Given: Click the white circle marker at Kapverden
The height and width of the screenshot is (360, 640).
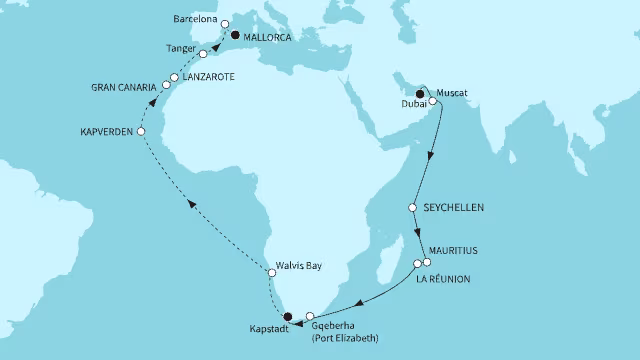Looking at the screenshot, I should click(x=141, y=132).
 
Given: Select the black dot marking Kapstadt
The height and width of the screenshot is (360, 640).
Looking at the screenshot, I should click(x=289, y=317).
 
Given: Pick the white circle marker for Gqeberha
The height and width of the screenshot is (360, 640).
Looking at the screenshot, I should click(x=310, y=316).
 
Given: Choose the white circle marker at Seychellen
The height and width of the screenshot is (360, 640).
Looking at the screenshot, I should click(x=413, y=208).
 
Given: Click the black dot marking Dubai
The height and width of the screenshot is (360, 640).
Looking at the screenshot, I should click(x=420, y=96).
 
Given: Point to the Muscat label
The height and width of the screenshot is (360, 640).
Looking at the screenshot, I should click(x=454, y=92).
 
